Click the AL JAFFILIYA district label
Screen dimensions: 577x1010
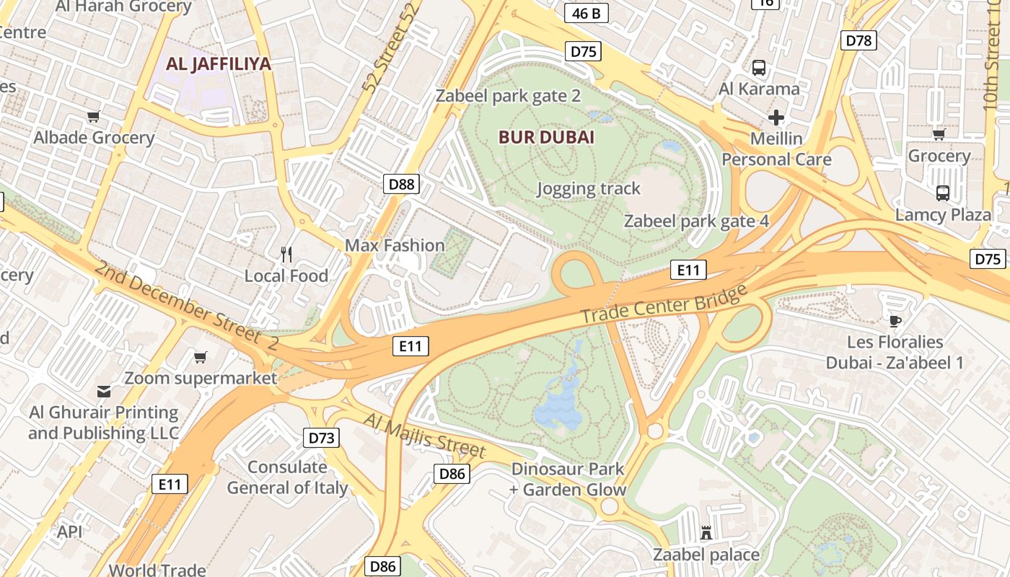coord(219,63)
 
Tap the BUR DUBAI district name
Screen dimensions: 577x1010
coord(546,137)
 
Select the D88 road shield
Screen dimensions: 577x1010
coord(401,184)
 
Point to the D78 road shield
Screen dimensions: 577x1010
coord(858,40)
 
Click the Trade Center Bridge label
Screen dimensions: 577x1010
coord(664,304)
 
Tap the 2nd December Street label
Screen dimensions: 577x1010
coord(185,307)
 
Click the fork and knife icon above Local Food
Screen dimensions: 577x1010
coord(286,254)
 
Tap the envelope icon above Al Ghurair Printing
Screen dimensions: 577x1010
coord(104,392)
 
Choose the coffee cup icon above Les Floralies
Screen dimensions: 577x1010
coord(895,321)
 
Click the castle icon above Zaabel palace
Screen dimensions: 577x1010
coord(706,533)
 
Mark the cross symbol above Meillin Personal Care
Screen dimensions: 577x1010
coord(776,117)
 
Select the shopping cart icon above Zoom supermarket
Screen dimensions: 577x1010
coord(201,357)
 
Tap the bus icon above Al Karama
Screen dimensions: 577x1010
coord(759,69)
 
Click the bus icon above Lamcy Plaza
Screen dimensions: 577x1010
coord(943,193)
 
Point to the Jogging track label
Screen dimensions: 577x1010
coord(589,189)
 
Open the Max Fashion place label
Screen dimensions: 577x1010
coord(395,245)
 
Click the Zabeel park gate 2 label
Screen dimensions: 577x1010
coord(508,96)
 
